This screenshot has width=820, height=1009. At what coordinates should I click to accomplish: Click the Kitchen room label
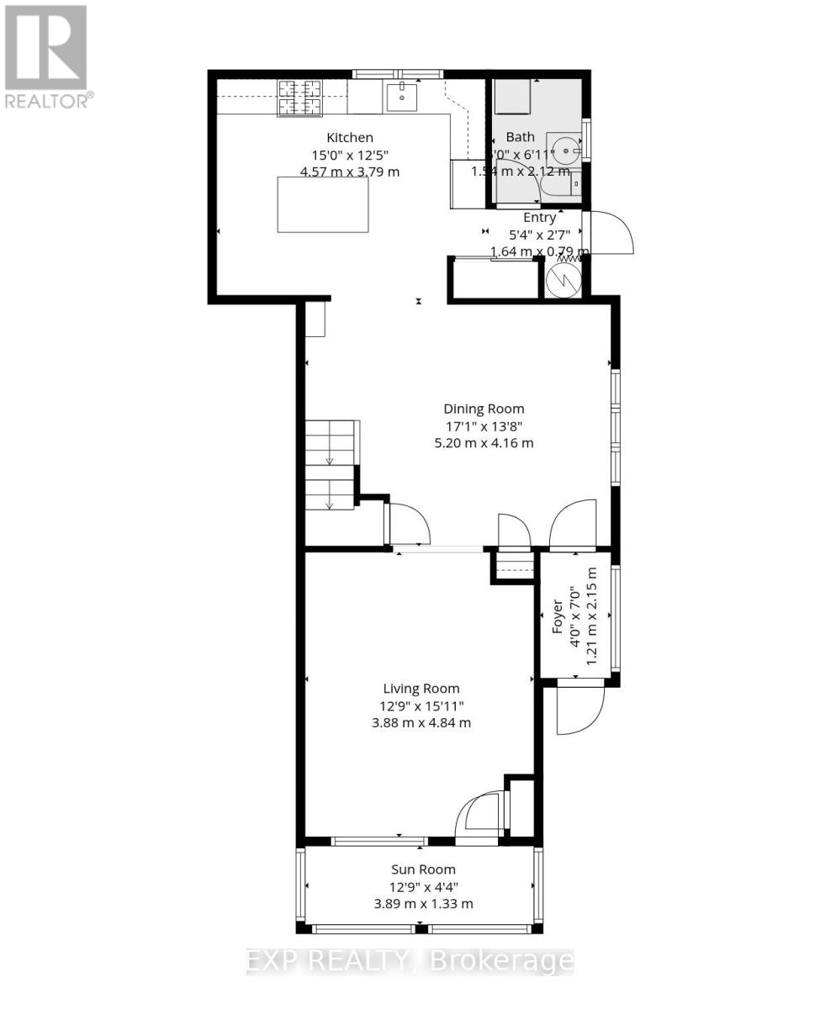350,137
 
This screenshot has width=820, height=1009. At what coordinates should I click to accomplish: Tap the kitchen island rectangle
323,204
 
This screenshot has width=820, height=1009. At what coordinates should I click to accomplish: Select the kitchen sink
402,96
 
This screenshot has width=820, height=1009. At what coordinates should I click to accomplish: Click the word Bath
520,137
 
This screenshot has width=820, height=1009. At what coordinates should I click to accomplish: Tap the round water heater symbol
562,280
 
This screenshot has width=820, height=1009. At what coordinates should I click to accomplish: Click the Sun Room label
423,869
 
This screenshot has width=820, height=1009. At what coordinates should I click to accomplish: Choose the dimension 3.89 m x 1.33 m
423,904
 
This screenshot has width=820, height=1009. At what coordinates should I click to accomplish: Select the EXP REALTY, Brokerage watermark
410,961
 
